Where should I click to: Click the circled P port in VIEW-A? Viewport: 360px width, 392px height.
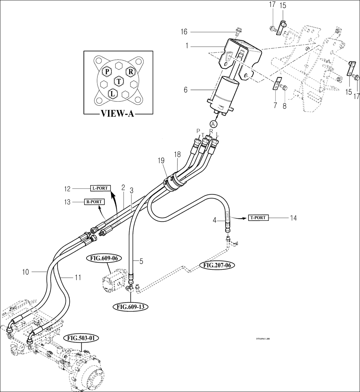pos(107,71)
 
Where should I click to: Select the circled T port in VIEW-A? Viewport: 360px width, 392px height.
pos(119,81)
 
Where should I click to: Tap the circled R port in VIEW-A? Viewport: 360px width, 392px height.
pos(130,71)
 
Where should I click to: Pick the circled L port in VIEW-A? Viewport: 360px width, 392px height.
pos(112,93)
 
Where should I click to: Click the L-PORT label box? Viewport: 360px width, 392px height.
pos(100,188)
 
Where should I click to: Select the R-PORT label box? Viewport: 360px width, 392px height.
pos(94,202)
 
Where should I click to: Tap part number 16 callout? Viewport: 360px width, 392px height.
pos(184,32)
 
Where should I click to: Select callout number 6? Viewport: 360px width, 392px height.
pos(186,90)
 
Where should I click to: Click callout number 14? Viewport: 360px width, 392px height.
pos(293,218)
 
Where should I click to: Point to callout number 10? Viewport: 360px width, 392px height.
pos(26,272)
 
